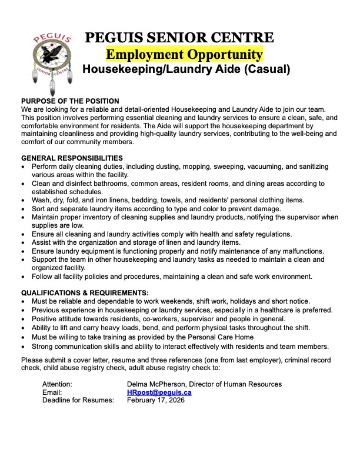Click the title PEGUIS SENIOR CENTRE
point(179,38)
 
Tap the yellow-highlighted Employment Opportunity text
point(184,55)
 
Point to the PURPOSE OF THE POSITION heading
point(70,101)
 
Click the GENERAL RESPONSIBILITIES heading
point(72,158)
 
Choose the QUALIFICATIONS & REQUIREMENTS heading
point(85,292)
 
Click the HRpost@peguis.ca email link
point(159,392)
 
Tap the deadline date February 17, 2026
point(156,400)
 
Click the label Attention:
point(57,384)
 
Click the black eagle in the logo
point(54,58)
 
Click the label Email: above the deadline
point(52,392)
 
